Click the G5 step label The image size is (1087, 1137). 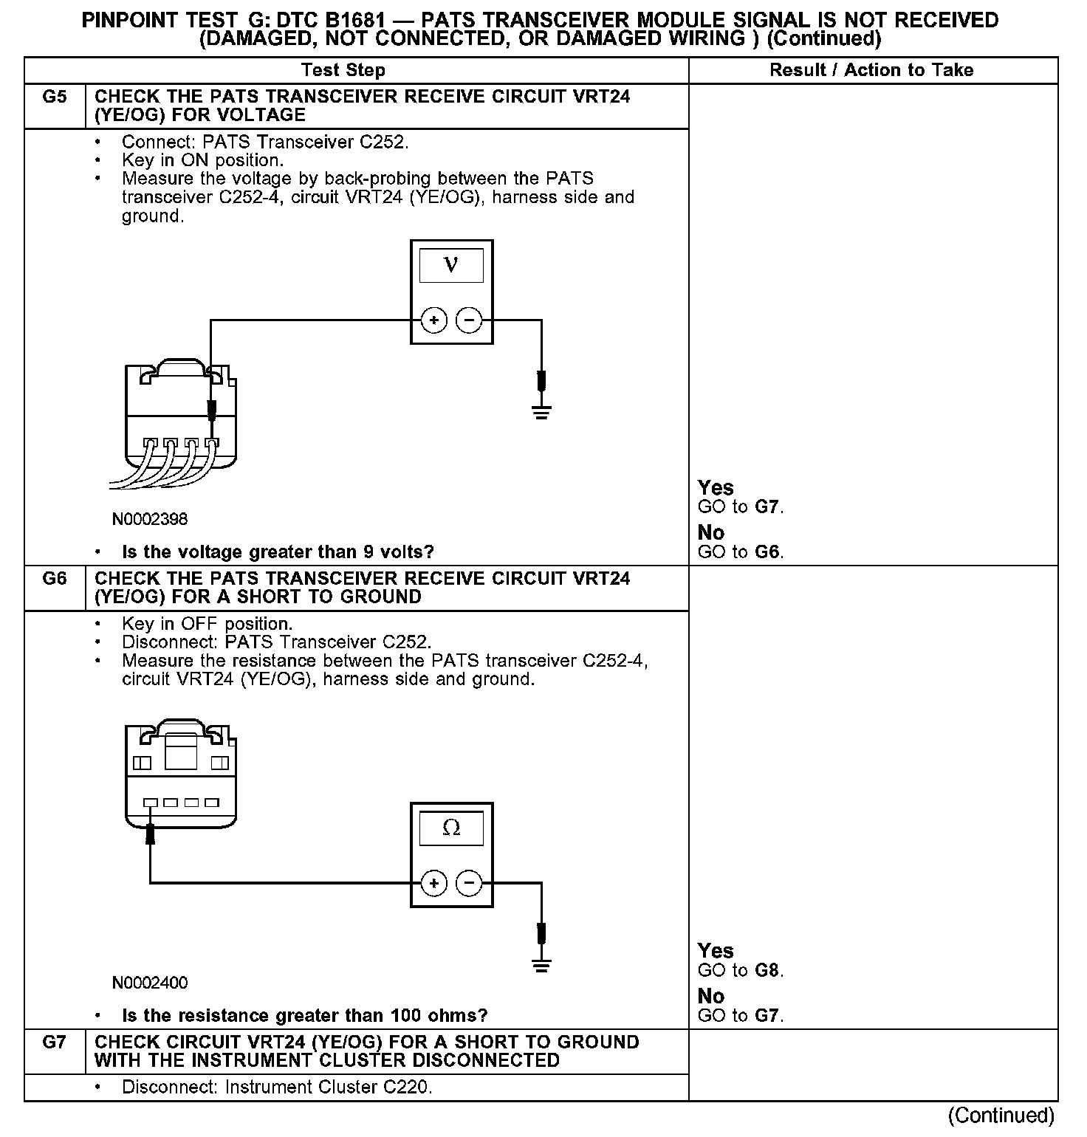[x=55, y=97]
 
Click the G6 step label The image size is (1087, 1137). [x=55, y=579]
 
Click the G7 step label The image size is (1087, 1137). [x=55, y=1042]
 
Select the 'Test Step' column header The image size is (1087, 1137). [x=343, y=70]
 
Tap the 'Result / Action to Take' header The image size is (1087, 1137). [x=871, y=70]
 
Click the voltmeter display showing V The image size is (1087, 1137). [x=451, y=266]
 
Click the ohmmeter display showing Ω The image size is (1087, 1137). [x=451, y=828]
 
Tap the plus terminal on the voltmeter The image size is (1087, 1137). [x=434, y=320]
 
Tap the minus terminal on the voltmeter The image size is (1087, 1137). [x=469, y=320]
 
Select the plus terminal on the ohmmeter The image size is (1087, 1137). [x=434, y=883]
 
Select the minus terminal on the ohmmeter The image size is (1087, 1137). [x=469, y=883]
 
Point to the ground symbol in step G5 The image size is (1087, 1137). [x=541, y=411]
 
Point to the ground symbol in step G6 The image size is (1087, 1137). [x=541, y=965]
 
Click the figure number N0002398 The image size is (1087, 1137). [x=150, y=519]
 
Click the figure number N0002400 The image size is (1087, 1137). [x=150, y=983]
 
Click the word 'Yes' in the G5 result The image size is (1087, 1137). [x=716, y=488]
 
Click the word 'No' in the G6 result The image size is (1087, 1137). [x=711, y=996]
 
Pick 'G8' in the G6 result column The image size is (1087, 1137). [x=768, y=970]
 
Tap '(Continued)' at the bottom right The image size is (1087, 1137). [x=1001, y=1115]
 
